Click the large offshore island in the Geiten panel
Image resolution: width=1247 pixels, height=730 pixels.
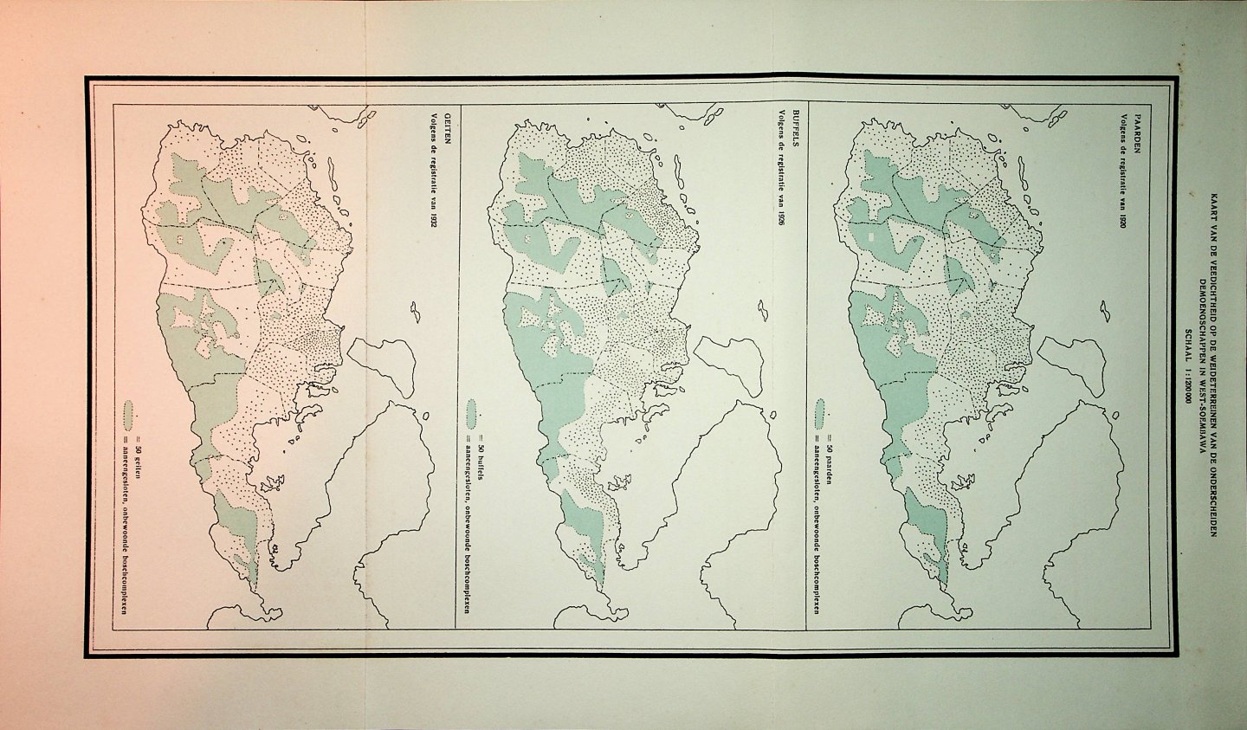click(382, 364)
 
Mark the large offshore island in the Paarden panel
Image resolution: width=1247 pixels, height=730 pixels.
click(1071, 364)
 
